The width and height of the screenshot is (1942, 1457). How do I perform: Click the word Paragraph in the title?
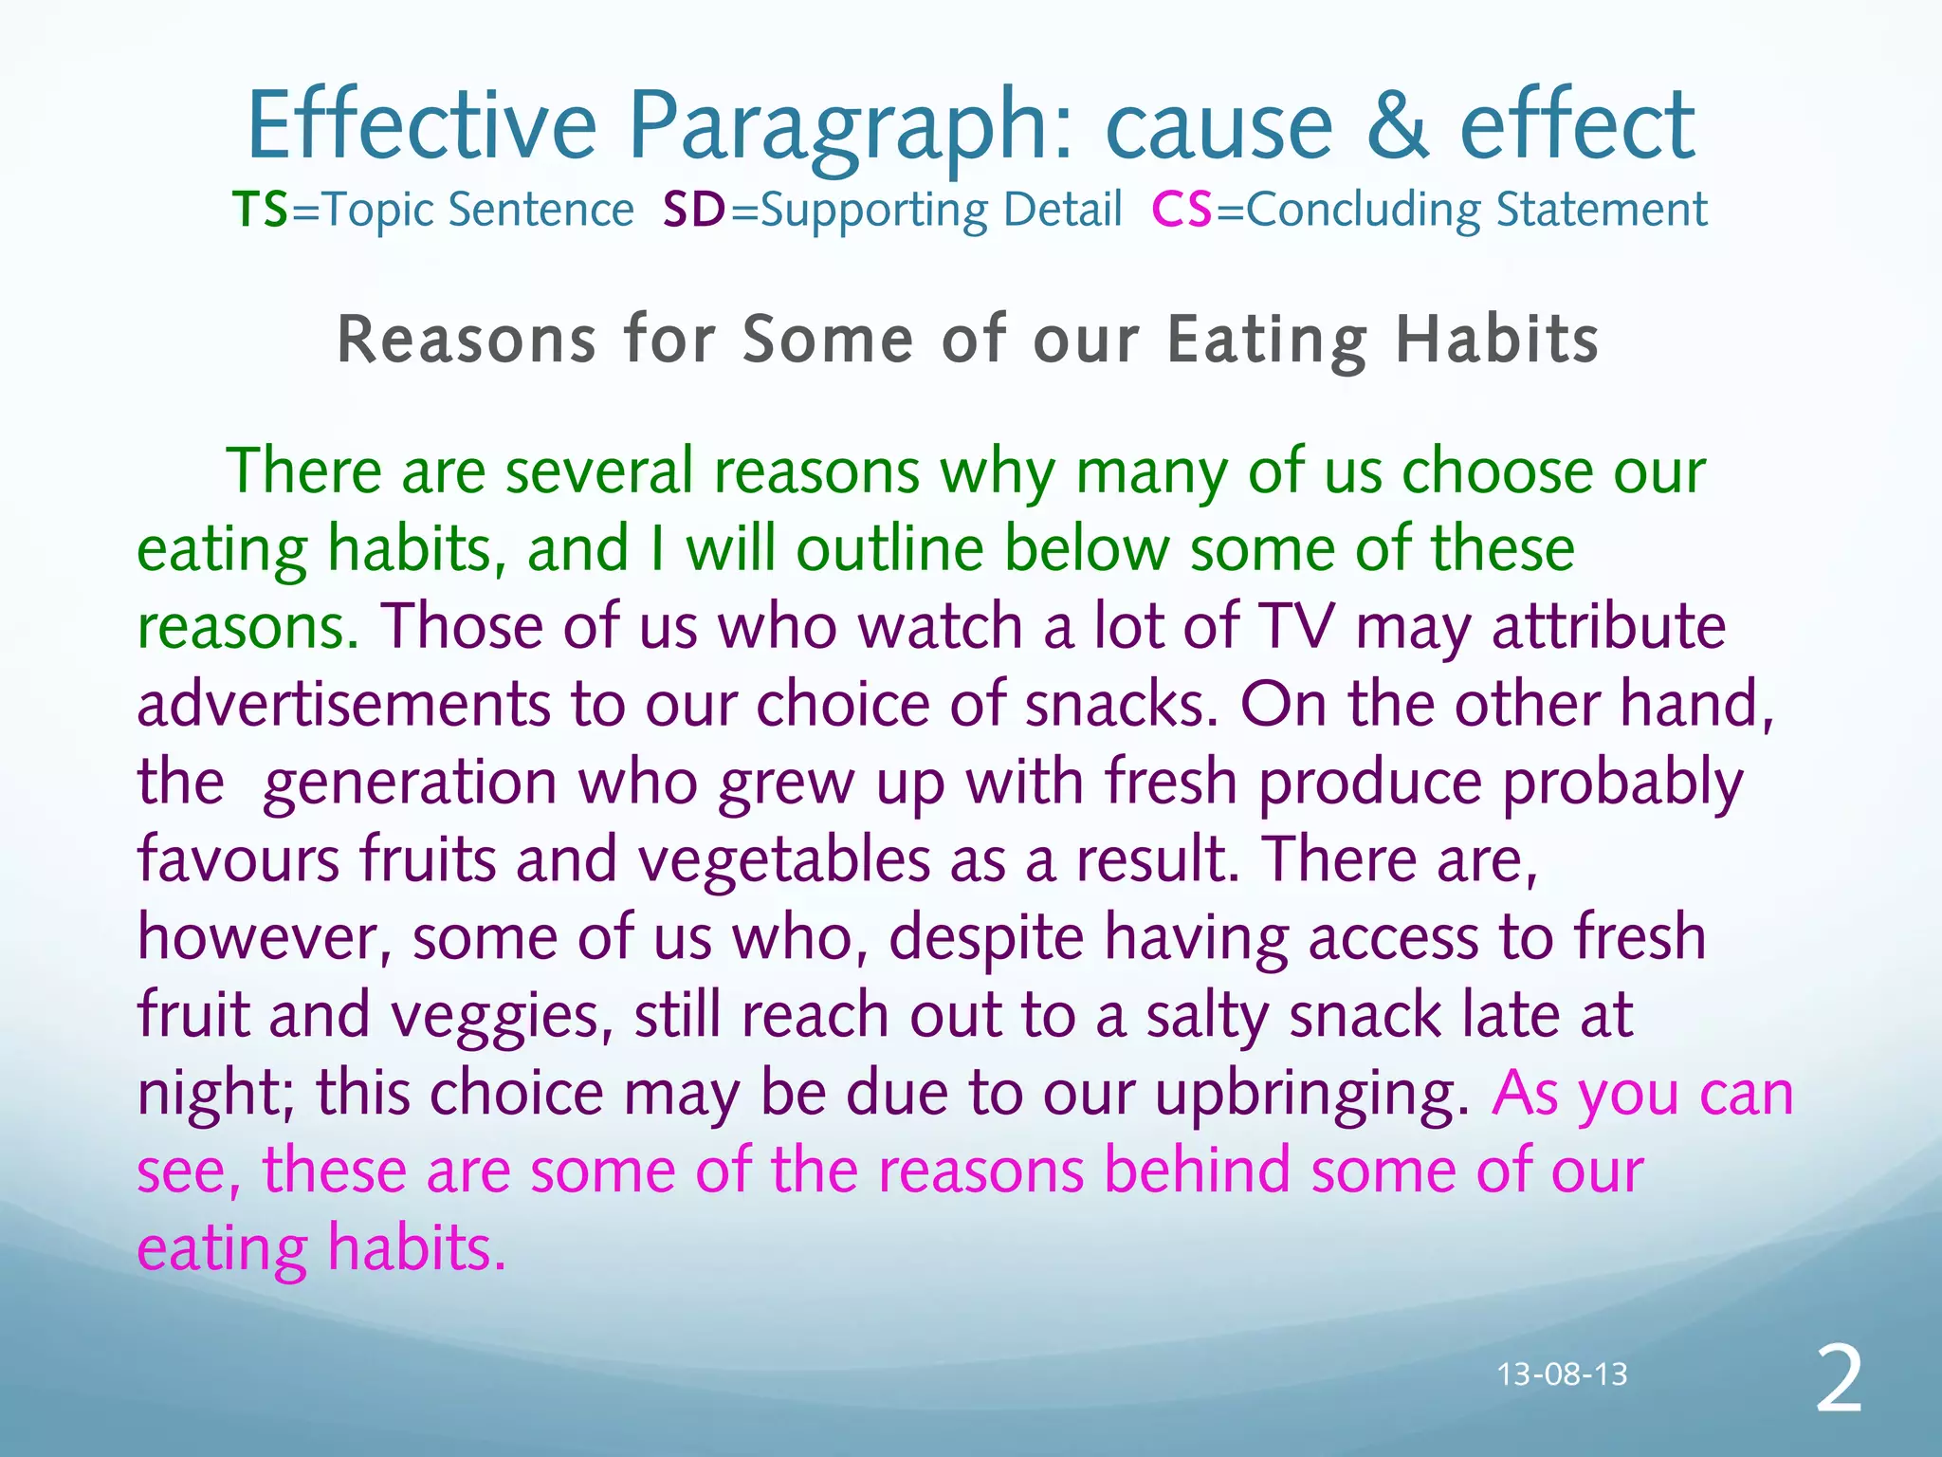tap(850, 128)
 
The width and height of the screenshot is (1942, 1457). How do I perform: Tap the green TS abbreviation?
tap(260, 210)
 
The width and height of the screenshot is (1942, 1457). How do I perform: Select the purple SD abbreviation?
tap(694, 210)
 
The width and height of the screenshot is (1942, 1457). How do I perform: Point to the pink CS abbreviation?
tap(1182, 210)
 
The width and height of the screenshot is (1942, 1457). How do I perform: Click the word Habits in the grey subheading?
tap(1497, 340)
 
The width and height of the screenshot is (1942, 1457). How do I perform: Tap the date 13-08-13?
tap(1562, 1374)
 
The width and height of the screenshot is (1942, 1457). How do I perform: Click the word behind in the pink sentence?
tap(1197, 1170)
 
